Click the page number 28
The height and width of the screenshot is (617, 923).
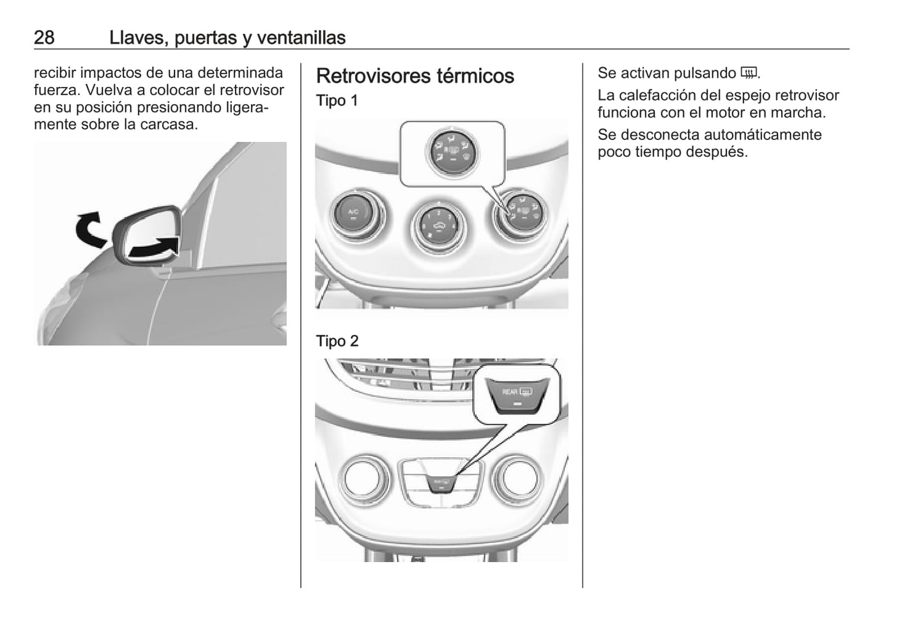click(44, 38)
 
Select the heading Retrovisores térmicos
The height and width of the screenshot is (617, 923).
click(415, 76)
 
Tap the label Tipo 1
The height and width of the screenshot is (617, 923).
click(337, 100)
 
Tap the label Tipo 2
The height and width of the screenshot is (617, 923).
click(337, 341)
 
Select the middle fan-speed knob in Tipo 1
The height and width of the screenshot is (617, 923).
click(439, 226)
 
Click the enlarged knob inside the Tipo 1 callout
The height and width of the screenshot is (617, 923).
click(453, 153)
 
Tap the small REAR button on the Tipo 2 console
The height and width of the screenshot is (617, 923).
click(441, 484)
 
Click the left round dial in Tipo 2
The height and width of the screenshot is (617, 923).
click(363, 480)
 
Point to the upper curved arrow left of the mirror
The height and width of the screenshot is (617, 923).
click(90, 230)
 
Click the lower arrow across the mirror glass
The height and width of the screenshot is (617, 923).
click(154, 248)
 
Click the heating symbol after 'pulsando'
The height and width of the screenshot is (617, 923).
click(749, 73)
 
